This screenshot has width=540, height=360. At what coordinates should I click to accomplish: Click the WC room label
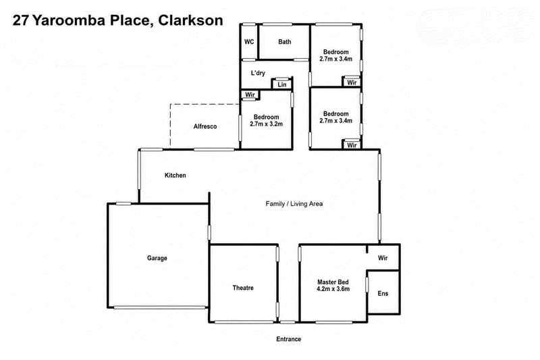coord(249,42)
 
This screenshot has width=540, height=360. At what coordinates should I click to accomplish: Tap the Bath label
coord(284,42)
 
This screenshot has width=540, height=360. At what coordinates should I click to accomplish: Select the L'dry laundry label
coord(258,73)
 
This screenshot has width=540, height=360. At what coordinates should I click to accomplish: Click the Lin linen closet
coord(282,84)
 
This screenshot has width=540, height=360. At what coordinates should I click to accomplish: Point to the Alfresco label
coord(205,126)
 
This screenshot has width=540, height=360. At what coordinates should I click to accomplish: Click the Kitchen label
coord(175,176)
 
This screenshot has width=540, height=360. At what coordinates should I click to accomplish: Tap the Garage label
coord(157,258)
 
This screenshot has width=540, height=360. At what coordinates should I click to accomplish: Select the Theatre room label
coord(243,288)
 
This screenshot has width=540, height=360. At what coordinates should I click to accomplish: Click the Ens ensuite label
coord(383,294)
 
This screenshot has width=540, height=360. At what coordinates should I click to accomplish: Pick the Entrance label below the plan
coord(289,339)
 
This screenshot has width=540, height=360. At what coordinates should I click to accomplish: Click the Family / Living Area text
coord(294,203)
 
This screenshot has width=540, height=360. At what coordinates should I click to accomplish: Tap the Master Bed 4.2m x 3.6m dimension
coord(333,289)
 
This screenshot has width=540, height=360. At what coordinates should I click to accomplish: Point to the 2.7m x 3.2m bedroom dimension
coord(266,124)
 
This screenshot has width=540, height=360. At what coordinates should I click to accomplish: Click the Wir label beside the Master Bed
coord(383,258)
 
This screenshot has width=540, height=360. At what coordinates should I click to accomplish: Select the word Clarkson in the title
coord(190,20)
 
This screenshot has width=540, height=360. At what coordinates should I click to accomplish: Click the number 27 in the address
coord(21,20)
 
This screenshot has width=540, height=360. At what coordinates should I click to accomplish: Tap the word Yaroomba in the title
coord(69,20)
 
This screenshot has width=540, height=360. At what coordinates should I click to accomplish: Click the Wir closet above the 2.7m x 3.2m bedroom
coord(250,95)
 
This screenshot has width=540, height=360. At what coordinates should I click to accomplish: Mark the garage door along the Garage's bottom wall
coord(161,307)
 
